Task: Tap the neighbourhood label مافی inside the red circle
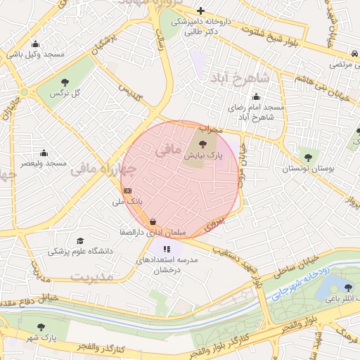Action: [x=165, y=150]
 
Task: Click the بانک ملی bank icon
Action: [x=127, y=191]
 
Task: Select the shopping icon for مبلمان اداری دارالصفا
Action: [x=153, y=222]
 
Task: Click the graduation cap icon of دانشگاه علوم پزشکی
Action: [x=79, y=241]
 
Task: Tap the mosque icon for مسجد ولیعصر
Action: [x=44, y=153]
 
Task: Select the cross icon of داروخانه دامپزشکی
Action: [x=200, y=11]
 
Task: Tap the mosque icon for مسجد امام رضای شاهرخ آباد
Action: [x=255, y=97]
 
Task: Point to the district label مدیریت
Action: [x=93, y=276]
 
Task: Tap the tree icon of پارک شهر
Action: [x=41, y=328]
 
